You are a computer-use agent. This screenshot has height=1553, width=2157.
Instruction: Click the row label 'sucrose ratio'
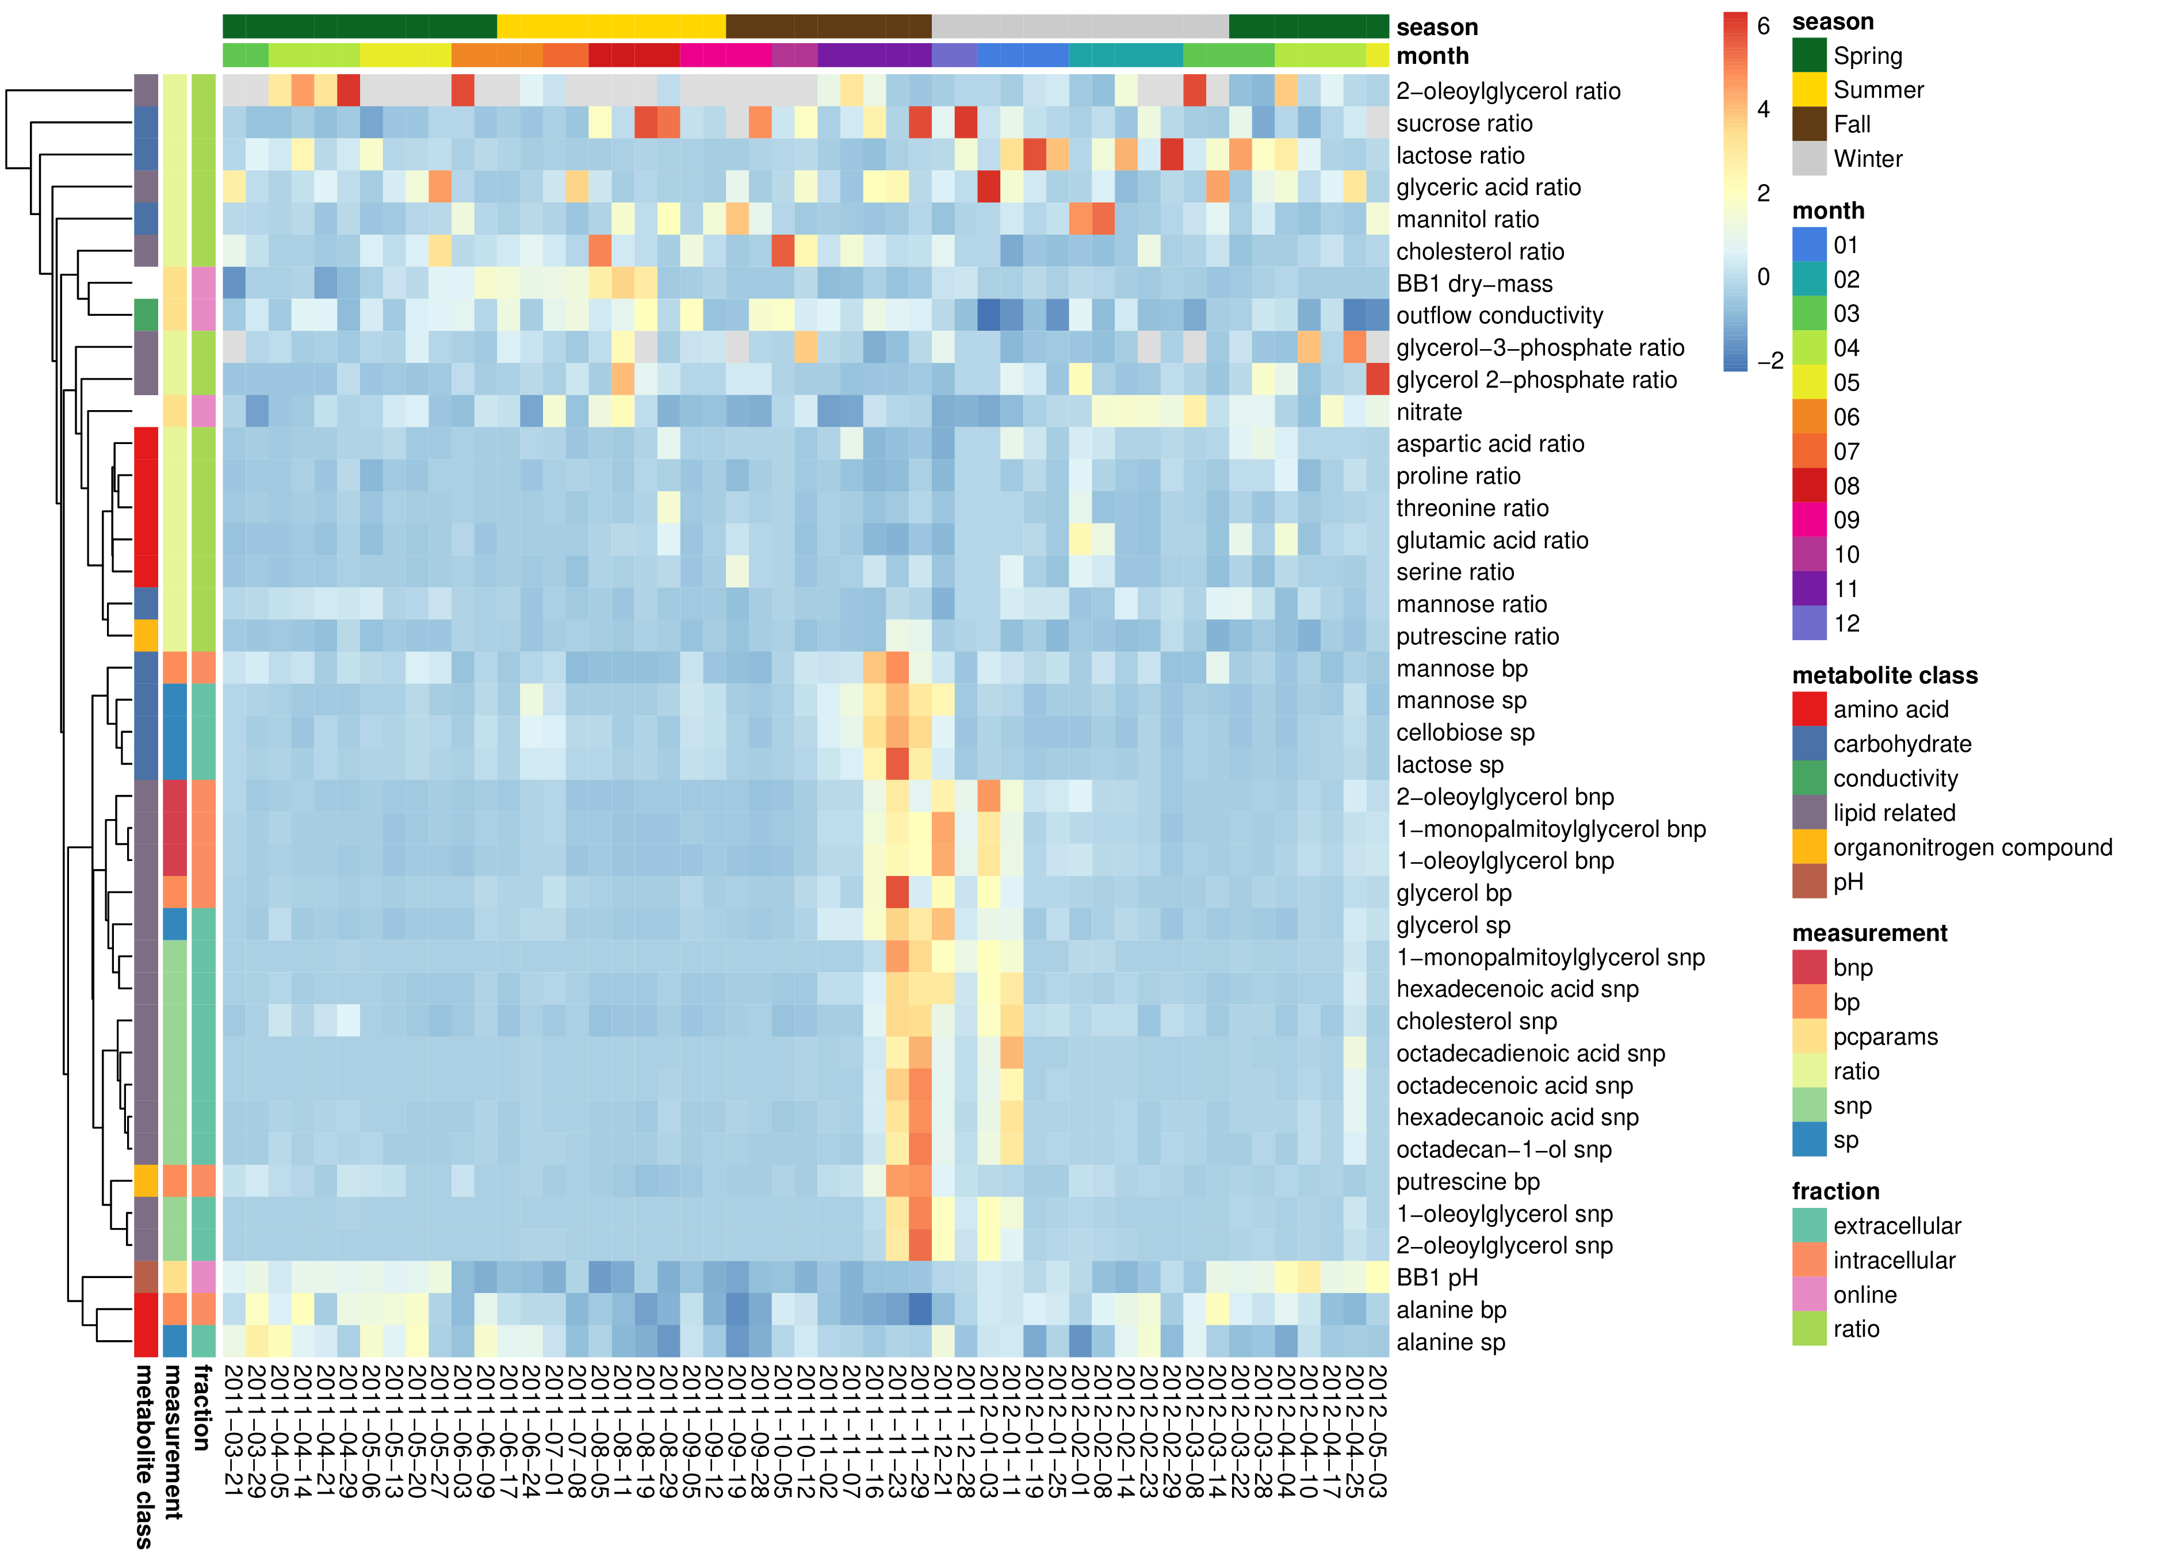tap(1464, 124)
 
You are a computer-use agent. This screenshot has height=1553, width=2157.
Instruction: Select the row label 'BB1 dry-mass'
tap(1474, 284)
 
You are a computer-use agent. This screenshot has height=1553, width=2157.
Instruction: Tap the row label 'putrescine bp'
tap(1467, 1181)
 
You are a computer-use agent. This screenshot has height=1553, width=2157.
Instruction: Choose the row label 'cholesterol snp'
tap(1476, 1022)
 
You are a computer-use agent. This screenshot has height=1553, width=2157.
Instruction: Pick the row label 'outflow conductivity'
tap(1499, 316)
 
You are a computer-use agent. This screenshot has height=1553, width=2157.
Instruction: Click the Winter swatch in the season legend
tap(1809, 159)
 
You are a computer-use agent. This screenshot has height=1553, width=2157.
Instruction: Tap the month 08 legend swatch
tap(1809, 486)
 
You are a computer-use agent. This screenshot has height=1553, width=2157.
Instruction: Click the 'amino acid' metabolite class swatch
tap(1809, 709)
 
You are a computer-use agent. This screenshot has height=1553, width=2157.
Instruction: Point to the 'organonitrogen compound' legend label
tap(1972, 847)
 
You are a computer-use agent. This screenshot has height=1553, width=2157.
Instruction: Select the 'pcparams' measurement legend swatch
tap(1809, 1036)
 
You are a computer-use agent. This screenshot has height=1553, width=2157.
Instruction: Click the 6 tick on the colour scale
tap(1762, 26)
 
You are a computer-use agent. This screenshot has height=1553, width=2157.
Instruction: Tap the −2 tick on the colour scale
tap(1768, 361)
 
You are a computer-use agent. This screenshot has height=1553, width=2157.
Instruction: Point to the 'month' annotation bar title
tap(1432, 56)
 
